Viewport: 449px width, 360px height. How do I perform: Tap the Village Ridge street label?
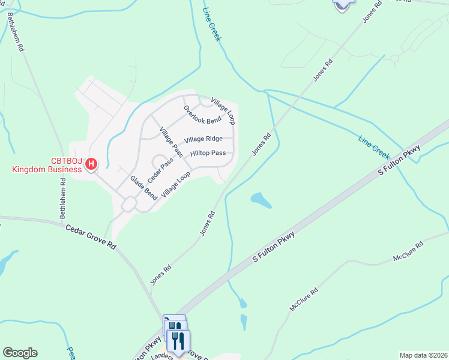(203, 139)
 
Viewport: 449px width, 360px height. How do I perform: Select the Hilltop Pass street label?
(208, 154)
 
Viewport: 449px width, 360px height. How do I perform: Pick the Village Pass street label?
(170, 142)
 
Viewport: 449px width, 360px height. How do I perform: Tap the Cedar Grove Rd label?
(90, 236)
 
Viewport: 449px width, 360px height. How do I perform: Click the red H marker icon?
(91, 163)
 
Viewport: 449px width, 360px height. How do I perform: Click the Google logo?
(20, 353)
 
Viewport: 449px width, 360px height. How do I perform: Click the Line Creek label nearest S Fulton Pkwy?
(374, 143)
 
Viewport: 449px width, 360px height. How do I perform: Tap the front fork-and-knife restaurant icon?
(178, 341)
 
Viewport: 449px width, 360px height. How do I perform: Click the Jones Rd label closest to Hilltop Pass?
(262, 145)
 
